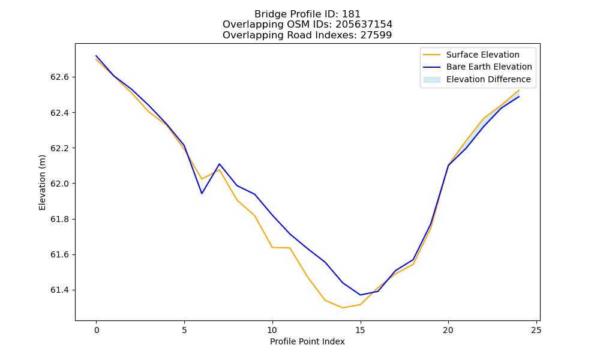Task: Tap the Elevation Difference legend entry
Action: (x=477, y=80)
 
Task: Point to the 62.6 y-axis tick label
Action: (x=59, y=77)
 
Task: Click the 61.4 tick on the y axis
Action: (x=59, y=290)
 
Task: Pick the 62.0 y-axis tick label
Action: (x=59, y=184)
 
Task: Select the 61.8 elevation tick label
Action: (x=59, y=219)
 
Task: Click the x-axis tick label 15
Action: (x=361, y=330)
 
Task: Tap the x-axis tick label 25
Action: (x=536, y=330)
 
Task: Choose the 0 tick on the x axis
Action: (x=97, y=330)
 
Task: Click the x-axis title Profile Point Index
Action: (x=307, y=341)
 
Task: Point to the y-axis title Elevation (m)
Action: (x=42, y=182)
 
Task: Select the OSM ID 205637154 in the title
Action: (x=364, y=25)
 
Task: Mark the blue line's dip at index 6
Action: (x=202, y=194)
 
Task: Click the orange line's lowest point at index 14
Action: (x=343, y=308)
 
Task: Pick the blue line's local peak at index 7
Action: (x=219, y=164)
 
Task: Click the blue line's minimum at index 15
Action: (x=360, y=295)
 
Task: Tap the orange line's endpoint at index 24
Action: (x=519, y=90)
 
